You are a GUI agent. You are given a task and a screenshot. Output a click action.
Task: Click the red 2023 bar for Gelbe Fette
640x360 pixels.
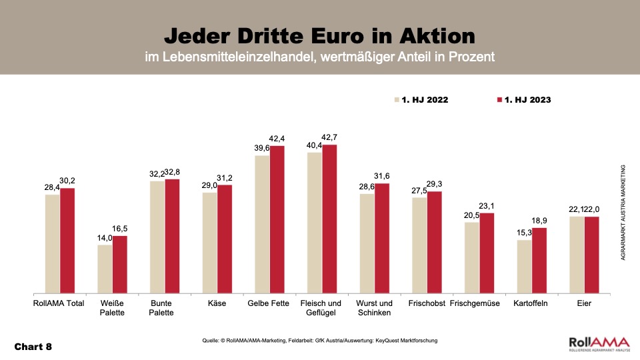coord(277,219)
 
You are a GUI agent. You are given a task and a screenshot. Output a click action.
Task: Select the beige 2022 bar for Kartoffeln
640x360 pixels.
coord(525,267)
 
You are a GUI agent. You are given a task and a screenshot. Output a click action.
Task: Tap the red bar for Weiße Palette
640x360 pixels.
coord(119,265)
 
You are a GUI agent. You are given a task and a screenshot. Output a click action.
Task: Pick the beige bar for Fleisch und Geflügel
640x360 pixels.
coord(315,223)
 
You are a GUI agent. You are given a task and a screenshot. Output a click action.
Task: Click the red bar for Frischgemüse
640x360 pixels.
coord(487,253)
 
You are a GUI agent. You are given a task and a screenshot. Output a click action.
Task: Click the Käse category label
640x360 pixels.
coord(217,304)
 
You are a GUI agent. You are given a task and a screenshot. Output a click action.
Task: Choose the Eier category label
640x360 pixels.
coord(585,304)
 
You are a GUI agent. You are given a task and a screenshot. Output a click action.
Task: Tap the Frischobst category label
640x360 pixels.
coord(427,304)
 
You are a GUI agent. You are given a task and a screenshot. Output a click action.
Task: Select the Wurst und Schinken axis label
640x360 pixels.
coord(375,309)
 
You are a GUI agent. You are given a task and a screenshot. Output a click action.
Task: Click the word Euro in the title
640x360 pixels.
coord(349,35)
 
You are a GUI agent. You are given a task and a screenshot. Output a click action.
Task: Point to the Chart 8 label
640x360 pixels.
coord(33,347)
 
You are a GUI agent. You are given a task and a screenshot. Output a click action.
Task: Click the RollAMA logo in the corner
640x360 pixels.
coord(597,345)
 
